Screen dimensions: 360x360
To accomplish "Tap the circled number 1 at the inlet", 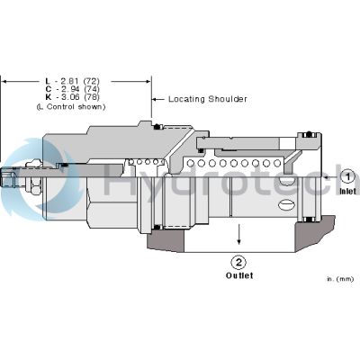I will (347, 178).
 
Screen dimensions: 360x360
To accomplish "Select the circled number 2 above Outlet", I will (238, 263).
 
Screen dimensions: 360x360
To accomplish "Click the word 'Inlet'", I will (348, 193).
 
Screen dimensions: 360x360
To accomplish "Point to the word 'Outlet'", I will (238, 277).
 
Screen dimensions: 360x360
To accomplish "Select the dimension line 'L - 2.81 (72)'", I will (76, 81).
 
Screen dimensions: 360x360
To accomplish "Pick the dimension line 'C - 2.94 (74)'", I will (76, 89).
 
